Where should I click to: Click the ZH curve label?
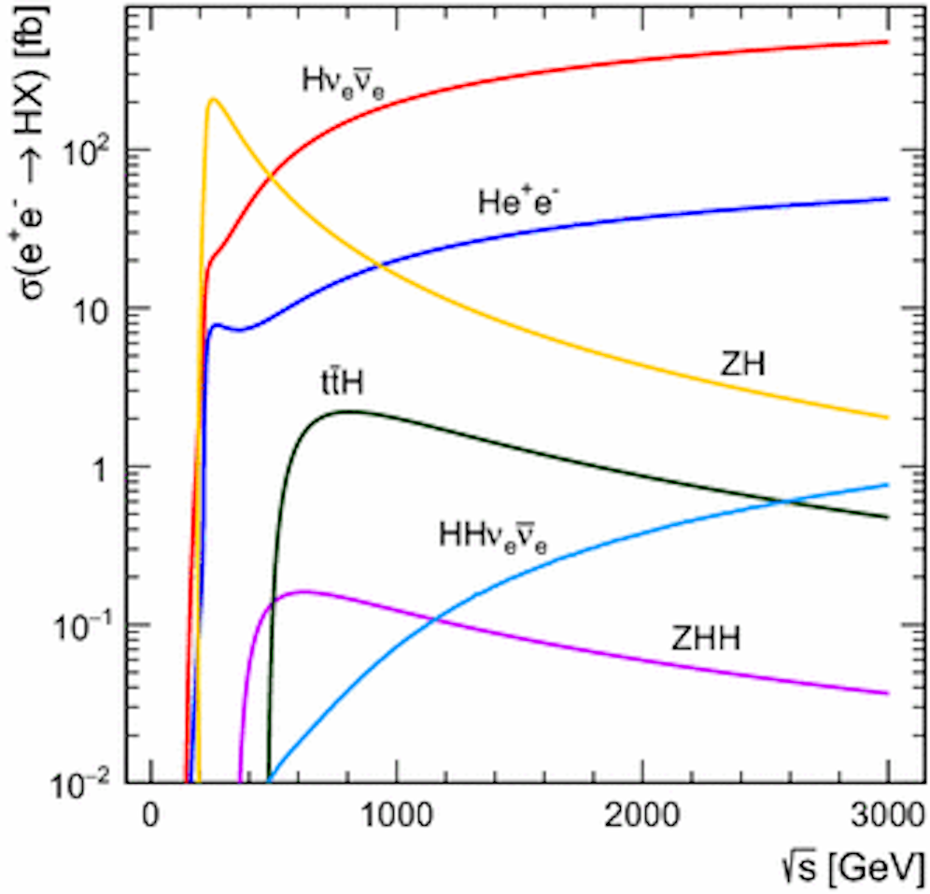click(x=742, y=363)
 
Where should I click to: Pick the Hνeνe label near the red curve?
click(x=344, y=82)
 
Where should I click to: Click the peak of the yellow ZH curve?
click(x=214, y=99)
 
